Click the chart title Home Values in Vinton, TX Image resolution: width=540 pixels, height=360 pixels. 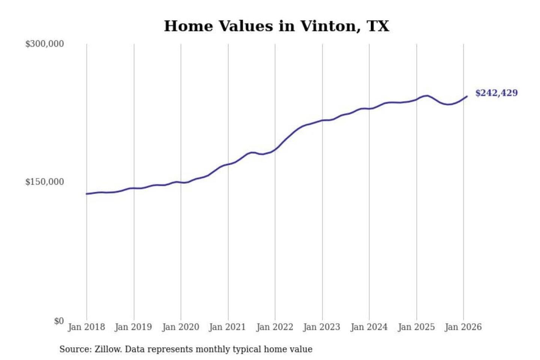point(276,26)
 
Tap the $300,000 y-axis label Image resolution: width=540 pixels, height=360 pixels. point(45,44)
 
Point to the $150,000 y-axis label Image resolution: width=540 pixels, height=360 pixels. point(45,182)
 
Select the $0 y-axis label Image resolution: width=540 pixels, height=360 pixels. point(59,321)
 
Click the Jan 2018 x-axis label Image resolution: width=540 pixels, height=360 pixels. point(86,327)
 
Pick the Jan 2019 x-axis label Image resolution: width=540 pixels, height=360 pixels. point(133,327)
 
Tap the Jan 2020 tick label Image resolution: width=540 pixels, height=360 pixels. point(180,327)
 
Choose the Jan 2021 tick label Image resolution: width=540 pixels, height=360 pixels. point(227,327)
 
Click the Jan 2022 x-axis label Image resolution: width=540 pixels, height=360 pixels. point(274,327)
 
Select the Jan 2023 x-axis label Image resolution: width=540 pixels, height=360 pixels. point(321,327)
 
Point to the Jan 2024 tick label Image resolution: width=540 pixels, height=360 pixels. point(369,327)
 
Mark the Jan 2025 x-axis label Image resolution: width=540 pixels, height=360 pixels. point(416,327)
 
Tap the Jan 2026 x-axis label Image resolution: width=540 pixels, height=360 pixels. point(463,327)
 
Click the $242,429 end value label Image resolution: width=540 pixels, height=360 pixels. point(496,93)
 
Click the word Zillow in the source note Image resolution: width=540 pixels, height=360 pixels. point(108,349)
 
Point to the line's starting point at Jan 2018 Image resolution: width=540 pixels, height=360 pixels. point(87,194)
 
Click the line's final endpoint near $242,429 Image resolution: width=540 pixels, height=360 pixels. point(467,96)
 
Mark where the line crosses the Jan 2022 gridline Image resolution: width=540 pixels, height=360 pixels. point(275,149)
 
